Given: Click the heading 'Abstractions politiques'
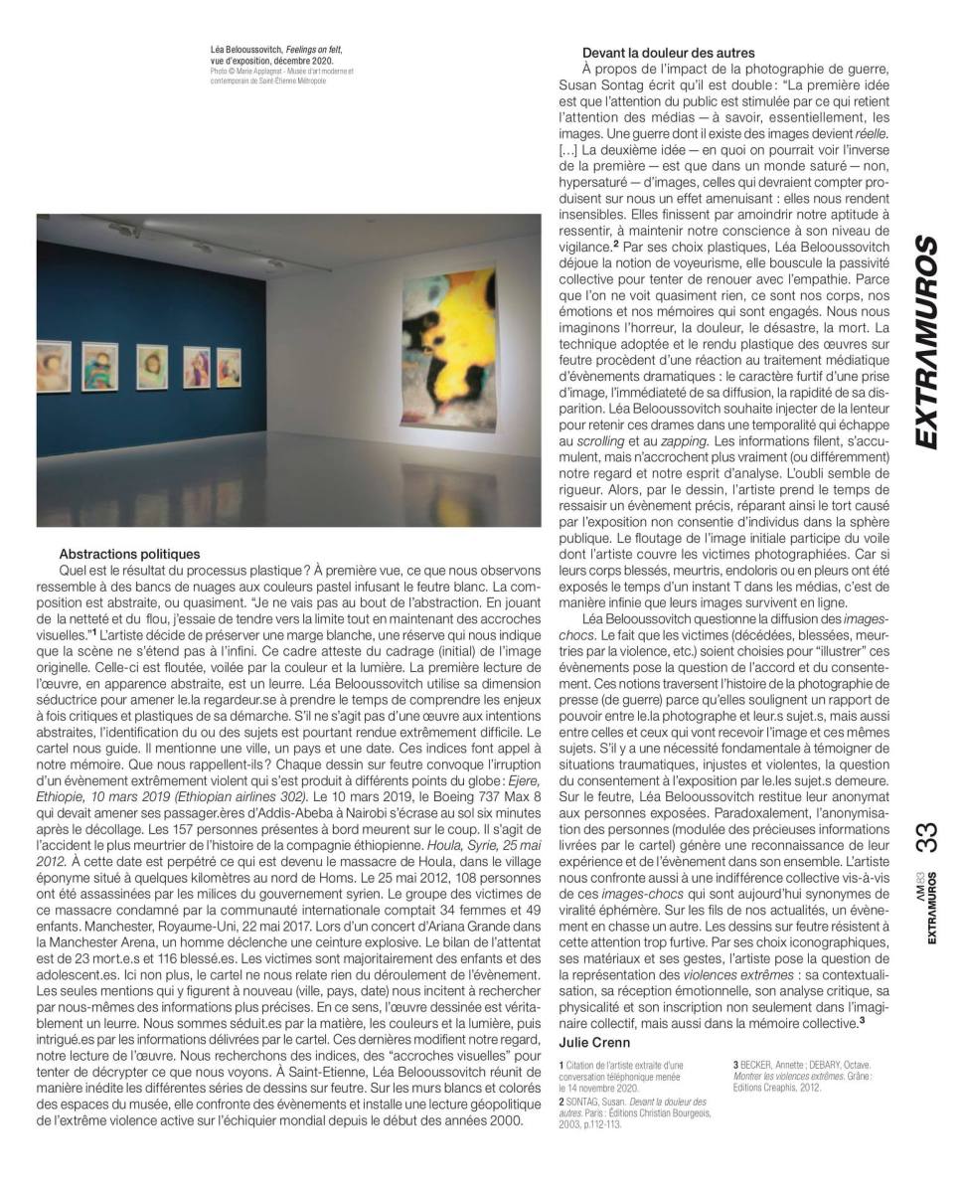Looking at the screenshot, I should (x=129, y=554).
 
